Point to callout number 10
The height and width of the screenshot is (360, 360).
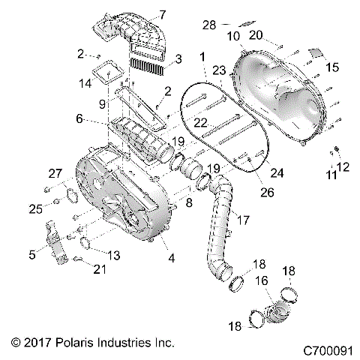(x=234, y=36)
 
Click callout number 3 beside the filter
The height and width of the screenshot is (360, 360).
(x=177, y=58)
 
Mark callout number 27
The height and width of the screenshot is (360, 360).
(x=55, y=174)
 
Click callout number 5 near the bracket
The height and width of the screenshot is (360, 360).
(x=31, y=255)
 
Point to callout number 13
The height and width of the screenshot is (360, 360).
(x=114, y=255)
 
